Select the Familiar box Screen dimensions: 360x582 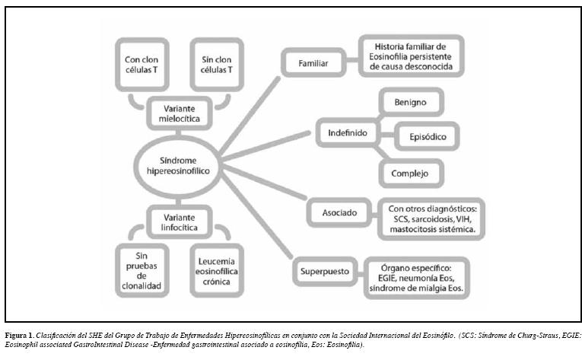click(x=313, y=63)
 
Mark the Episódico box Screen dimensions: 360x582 click(x=430, y=136)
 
